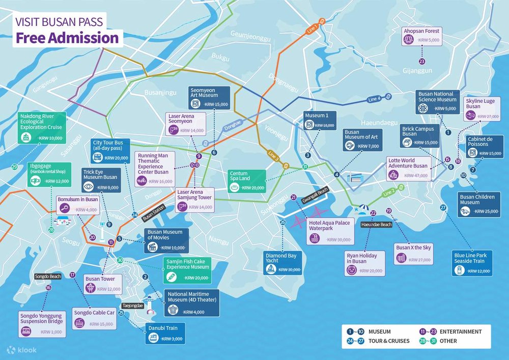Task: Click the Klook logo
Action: (x=18, y=350)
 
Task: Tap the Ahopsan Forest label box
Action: (x=420, y=35)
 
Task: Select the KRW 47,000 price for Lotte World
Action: (x=416, y=175)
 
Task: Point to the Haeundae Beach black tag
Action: (x=376, y=225)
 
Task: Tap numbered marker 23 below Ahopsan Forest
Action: (x=421, y=61)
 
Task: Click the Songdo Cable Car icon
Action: (x=79, y=322)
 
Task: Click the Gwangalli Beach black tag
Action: (x=316, y=190)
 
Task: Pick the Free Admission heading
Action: (x=66, y=38)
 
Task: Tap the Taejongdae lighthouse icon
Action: (x=150, y=302)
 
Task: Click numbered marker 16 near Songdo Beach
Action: (x=48, y=288)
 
